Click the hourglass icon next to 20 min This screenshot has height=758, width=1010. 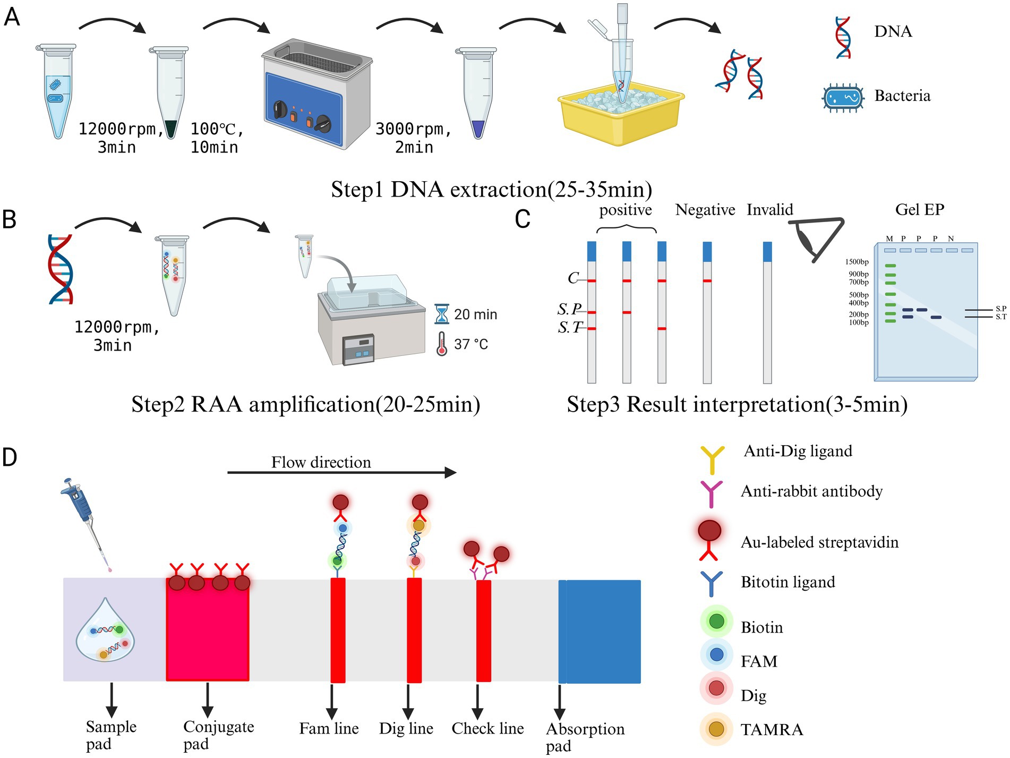point(441,314)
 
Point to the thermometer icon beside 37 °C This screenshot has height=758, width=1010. point(441,344)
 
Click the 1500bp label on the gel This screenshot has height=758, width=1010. point(857,262)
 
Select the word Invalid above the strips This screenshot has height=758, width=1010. point(769,210)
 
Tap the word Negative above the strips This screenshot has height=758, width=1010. point(705,210)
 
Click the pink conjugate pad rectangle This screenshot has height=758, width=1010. point(208,632)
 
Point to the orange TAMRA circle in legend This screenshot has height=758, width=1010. point(716,729)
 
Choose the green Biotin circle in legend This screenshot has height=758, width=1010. point(716,621)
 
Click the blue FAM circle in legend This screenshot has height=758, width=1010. point(716,654)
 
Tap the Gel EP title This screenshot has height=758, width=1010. point(920,209)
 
